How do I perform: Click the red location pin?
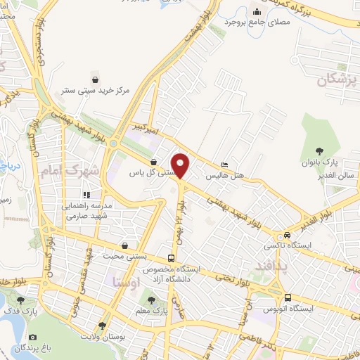(181, 165)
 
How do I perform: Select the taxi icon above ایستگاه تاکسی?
(287, 236)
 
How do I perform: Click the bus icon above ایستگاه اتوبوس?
(288, 297)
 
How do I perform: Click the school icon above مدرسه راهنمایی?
(87, 194)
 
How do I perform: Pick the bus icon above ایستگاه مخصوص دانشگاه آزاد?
(172, 258)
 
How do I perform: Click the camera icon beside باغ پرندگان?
(34, 337)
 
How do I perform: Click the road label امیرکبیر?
(141, 127)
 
